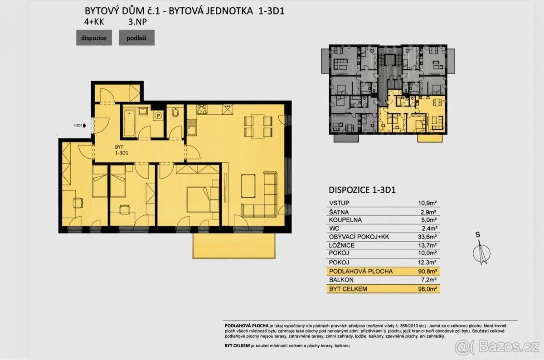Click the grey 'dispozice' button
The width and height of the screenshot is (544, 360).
[x=94, y=38]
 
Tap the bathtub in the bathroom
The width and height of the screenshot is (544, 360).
[x=130, y=123]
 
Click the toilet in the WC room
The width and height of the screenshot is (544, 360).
[x=175, y=112]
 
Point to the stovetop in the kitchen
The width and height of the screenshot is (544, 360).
[x=202, y=109]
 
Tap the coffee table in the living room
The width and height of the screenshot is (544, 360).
[x=248, y=186]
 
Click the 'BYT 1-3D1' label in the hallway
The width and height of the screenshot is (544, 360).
[x=121, y=150]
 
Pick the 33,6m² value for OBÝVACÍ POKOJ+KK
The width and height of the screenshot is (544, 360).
[x=427, y=237]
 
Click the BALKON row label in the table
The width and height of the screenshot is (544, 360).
[x=341, y=280]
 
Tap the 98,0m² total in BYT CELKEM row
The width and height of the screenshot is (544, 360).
[x=427, y=289]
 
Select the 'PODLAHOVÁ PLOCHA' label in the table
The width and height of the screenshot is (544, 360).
[x=361, y=271]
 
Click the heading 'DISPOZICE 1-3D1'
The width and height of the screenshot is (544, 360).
[x=362, y=190]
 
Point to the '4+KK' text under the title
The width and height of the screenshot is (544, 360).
[x=94, y=22]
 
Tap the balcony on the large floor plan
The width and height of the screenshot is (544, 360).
[x=234, y=246]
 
